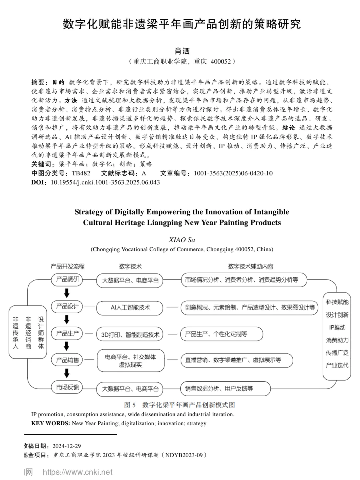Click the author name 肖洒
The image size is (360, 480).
182,51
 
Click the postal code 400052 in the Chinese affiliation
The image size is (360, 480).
220,61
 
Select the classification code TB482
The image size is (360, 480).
81,173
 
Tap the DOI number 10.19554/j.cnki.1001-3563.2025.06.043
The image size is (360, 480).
105,182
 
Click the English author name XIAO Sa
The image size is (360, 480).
182,240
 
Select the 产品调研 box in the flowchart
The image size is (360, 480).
67,279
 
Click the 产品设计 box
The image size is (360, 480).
67,306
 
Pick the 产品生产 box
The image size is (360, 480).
67,333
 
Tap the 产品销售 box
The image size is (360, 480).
67,360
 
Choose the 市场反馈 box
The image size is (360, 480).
67,387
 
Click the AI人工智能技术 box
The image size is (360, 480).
130,308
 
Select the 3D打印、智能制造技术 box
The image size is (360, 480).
130,335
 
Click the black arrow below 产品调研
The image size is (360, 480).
67,293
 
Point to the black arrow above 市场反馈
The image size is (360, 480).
67,373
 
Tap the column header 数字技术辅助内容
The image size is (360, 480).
251,266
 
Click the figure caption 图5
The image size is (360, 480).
130,405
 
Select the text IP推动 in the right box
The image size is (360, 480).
337,327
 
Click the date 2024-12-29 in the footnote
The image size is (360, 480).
66,446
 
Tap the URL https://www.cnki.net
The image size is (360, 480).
78,472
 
